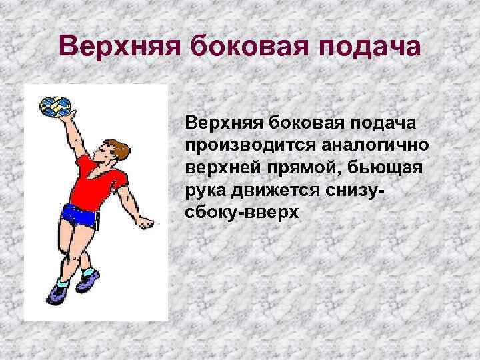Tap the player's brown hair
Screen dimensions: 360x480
click(111, 148)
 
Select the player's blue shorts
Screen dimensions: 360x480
click(80, 215)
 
